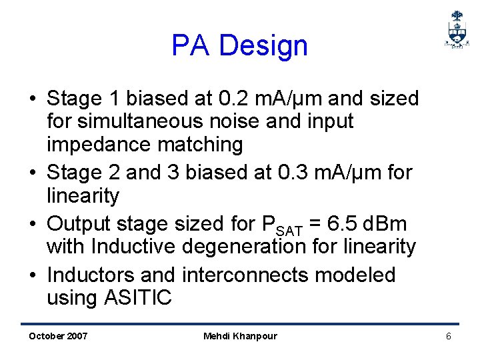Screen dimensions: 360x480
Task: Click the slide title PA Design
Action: pyautogui.click(x=239, y=46)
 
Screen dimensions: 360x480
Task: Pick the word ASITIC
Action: pyautogui.click(x=138, y=297)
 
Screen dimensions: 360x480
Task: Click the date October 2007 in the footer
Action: pyautogui.click(x=58, y=336)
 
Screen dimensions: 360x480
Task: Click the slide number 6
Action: pyautogui.click(x=449, y=336)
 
